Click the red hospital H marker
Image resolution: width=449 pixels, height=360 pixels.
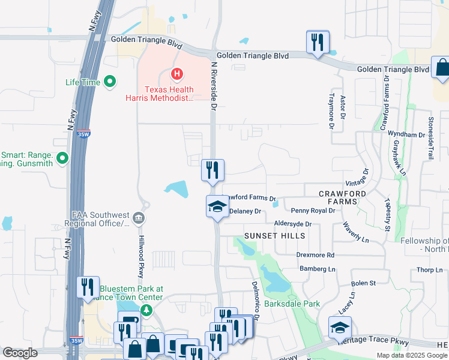pos(176,74)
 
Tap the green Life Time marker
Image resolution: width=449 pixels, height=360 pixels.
pos(110,82)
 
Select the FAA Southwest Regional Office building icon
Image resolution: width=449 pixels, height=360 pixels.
pos(139,217)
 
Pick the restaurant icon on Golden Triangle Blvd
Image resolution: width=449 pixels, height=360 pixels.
pos(318,43)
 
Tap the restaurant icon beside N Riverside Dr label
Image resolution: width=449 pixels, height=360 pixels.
pos(212,170)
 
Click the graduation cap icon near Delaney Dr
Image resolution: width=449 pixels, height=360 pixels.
pos(217,208)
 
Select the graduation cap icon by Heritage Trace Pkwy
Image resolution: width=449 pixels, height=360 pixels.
pos(339,328)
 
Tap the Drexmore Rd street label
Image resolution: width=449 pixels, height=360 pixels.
pos(315,255)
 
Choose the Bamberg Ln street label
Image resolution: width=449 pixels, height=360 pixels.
pos(318,269)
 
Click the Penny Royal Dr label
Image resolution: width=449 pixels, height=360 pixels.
pos(313,211)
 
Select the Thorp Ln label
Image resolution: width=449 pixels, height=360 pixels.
pos(430,270)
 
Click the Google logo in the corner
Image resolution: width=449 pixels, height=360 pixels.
pos(20,353)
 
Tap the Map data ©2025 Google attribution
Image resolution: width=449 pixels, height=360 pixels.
pos(412,355)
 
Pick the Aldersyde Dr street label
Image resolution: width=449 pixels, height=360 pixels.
pos(292,224)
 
